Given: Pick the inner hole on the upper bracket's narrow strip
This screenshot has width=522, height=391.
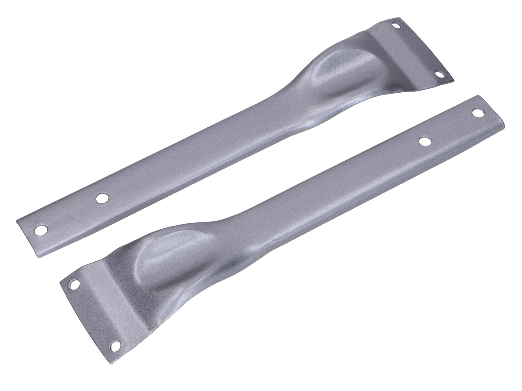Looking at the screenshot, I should click(x=101, y=198).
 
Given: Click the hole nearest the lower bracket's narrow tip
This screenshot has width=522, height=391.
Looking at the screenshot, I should click(x=477, y=112).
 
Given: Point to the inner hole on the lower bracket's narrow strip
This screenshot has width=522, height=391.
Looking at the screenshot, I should click(x=423, y=141).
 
